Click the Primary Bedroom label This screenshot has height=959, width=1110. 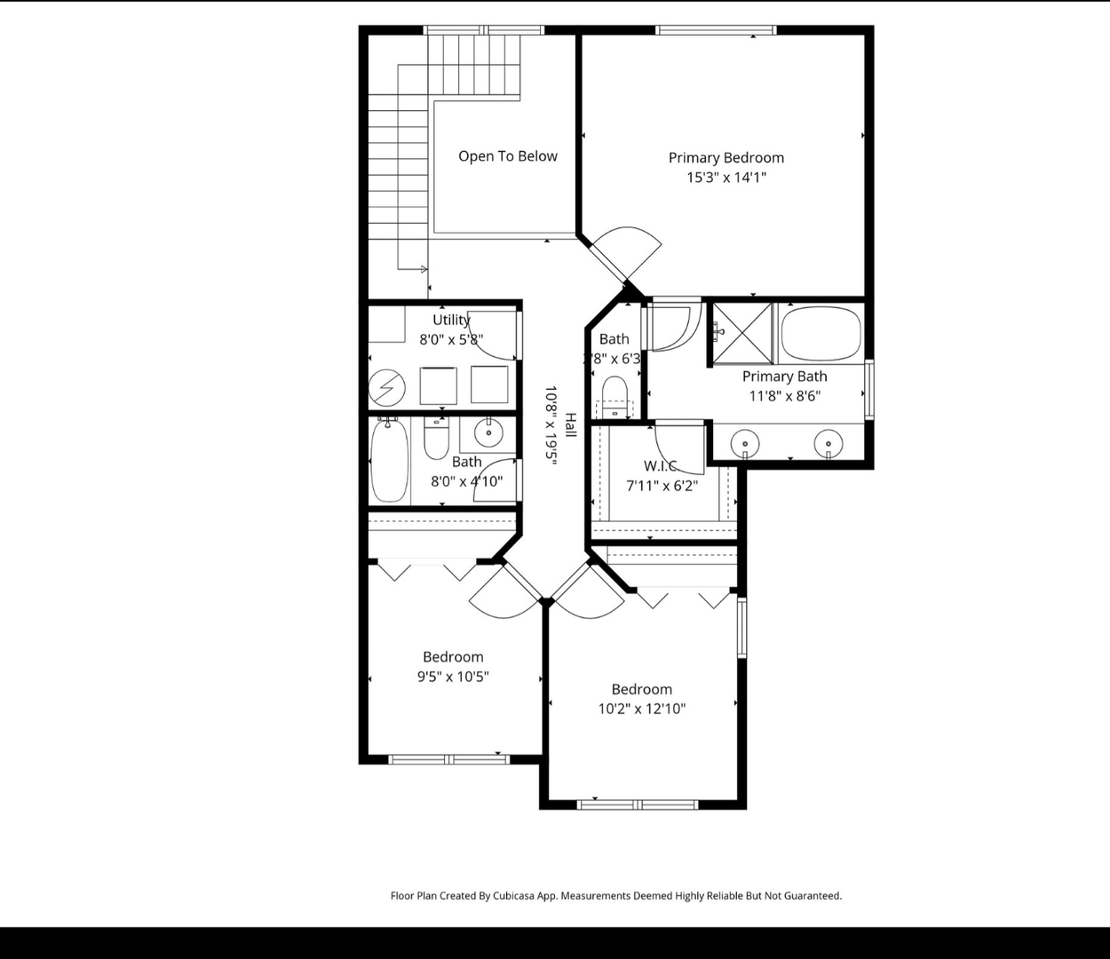pyautogui.click(x=725, y=158)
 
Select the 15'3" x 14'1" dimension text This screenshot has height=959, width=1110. pyautogui.click(x=725, y=178)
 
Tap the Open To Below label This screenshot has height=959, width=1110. pyautogui.click(x=507, y=156)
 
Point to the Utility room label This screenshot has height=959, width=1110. pyautogui.click(x=451, y=320)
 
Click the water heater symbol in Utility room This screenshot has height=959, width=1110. pyautogui.click(x=387, y=387)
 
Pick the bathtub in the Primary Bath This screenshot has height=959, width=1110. pyautogui.click(x=821, y=333)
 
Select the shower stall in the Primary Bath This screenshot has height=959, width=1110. pyautogui.click(x=743, y=333)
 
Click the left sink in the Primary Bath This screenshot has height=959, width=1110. pyautogui.click(x=744, y=441)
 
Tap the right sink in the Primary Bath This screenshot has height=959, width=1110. pyautogui.click(x=828, y=441)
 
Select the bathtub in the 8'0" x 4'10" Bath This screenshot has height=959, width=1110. pyautogui.click(x=389, y=460)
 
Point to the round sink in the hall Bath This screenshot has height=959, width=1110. pyautogui.click(x=488, y=432)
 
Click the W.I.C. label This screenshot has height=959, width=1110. pyautogui.click(x=661, y=466)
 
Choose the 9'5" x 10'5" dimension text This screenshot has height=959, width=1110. pyautogui.click(x=453, y=677)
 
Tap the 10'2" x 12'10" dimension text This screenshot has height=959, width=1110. pyautogui.click(x=641, y=709)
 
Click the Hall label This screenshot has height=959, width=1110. pyautogui.click(x=570, y=424)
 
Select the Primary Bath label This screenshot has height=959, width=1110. pyautogui.click(x=784, y=376)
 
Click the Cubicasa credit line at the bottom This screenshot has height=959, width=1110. pyautogui.click(x=615, y=896)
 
